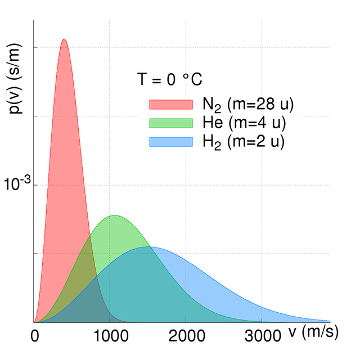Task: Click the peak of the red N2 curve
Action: click(64, 39)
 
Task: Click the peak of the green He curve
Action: click(115, 215)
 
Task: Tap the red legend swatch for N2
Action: click(170, 104)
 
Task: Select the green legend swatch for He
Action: click(170, 123)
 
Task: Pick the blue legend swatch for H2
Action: click(170, 142)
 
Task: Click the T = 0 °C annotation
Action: click(169, 80)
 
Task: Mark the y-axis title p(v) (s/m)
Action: click(16, 84)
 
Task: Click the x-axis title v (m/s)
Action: click(314, 332)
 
